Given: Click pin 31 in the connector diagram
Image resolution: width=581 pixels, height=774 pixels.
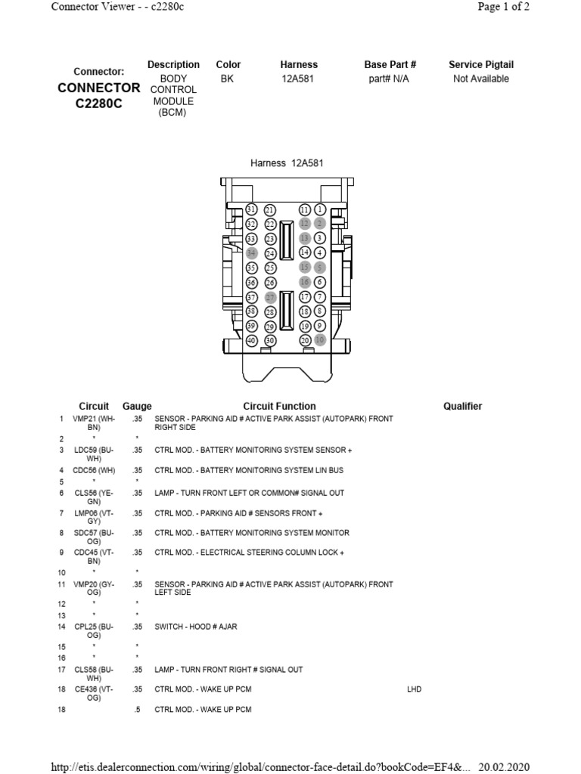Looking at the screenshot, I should [x=252, y=209].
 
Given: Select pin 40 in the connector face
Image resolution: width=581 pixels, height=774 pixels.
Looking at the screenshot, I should [x=252, y=341].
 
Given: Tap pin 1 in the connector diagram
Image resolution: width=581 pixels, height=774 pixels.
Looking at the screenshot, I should [x=320, y=209].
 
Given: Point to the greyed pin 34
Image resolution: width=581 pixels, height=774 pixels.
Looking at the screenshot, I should [x=252, y=253].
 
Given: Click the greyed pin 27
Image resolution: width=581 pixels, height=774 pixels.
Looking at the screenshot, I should [x=270, y=297].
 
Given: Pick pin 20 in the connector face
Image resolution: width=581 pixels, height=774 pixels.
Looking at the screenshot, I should [x=305, y=341].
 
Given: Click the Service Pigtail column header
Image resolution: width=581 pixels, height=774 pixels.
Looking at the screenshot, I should [x=480, y=65].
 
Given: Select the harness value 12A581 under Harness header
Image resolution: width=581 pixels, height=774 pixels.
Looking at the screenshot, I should [x=299, y=79].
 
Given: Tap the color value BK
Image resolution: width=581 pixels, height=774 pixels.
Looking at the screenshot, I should [x=227, y=79].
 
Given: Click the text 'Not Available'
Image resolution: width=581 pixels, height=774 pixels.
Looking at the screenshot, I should [x=480, y=79].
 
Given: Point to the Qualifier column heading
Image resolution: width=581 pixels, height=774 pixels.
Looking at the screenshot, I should [x=462, y=406].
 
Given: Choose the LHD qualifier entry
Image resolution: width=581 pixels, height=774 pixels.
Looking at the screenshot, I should [x=414, y=689].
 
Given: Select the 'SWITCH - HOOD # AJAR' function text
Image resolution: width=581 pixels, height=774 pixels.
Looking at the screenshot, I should [x=195, y=627].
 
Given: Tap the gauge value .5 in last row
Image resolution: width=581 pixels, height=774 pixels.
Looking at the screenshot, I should [x=137, y=710].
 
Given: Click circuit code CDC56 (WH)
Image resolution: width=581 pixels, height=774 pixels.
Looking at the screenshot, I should [x=94, y=470].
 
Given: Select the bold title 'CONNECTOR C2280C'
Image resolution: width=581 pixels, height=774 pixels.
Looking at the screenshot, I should [x=99, y=94].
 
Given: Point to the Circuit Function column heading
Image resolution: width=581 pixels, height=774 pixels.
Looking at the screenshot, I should [x=279, y=406].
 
